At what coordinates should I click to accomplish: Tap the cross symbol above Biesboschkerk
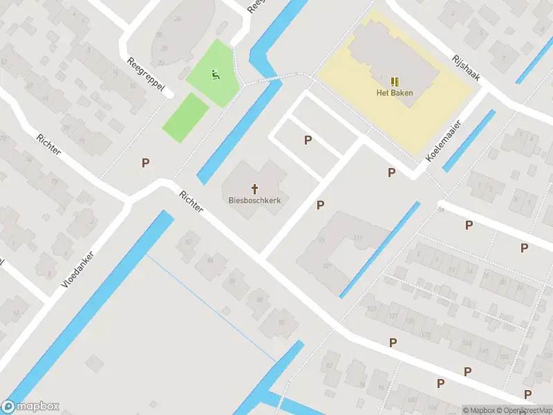pos(254,188)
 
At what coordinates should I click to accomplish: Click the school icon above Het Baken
pos(395,82)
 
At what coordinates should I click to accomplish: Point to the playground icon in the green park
pos(216,74)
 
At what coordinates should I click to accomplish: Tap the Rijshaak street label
pos(466,68)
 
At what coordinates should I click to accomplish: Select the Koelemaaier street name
pos(444,138)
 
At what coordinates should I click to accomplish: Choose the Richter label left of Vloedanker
pos(49,142)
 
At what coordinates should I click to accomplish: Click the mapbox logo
pos(30,407)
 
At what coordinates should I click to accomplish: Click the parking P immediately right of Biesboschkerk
pos(320,205)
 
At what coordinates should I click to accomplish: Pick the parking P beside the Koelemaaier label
pos(392,173)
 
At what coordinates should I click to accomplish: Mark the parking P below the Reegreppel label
pos(145,163)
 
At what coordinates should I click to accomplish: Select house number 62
pos(187,241)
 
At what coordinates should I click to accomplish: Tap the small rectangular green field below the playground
pos(186,118)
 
